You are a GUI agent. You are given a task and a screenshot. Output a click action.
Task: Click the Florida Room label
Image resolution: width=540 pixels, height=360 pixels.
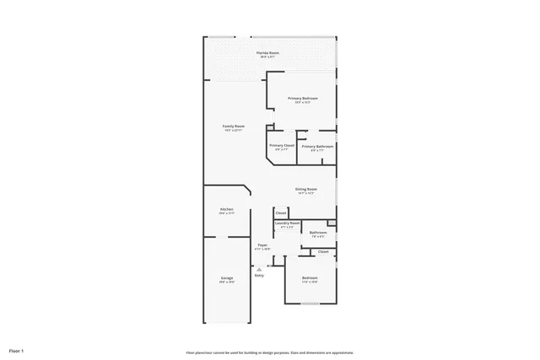(268, 53)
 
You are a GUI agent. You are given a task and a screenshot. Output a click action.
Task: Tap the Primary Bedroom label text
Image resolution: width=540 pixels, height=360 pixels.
(302, 99)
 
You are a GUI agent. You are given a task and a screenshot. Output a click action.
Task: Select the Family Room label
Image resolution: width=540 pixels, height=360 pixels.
(234, 126)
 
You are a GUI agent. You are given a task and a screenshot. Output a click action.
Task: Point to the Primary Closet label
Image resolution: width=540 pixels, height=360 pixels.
(282, 146)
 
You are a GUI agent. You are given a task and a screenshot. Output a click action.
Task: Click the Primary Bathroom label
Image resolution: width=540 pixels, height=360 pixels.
(317, 146)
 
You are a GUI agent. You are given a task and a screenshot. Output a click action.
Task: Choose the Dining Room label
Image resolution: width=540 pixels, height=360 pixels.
(305, 189)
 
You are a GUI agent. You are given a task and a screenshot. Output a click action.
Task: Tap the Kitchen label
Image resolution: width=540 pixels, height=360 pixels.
(227, 209)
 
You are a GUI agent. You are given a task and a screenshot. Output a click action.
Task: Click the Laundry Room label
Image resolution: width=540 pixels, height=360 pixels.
(288, 223)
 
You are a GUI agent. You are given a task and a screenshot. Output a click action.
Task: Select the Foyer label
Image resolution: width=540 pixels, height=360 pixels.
(262, 245)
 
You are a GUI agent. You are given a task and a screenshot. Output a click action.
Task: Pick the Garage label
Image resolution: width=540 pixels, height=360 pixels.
(227, 277)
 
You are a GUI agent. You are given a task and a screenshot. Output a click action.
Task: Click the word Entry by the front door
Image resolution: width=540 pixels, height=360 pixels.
(259, 275)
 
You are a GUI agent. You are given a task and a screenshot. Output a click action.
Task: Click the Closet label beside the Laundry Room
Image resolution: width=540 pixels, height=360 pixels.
(281, 212)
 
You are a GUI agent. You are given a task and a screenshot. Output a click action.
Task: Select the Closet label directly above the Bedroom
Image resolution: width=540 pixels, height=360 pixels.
(323, 251)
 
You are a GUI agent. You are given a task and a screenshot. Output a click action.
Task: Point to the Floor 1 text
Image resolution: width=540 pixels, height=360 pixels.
(16, 350)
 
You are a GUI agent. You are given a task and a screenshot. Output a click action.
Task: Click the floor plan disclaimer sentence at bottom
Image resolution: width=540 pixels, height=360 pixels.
(270, 352)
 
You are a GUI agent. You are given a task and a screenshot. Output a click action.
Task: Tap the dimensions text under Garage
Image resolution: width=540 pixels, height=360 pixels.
(227, 282)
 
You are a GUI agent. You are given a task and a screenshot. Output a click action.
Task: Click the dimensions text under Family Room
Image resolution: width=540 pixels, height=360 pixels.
(234, 130)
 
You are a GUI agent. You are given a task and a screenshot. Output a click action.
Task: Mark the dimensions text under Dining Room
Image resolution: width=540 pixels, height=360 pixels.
(305, 193)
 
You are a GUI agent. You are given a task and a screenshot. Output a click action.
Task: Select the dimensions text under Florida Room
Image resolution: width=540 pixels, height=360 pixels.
(268, 57)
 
